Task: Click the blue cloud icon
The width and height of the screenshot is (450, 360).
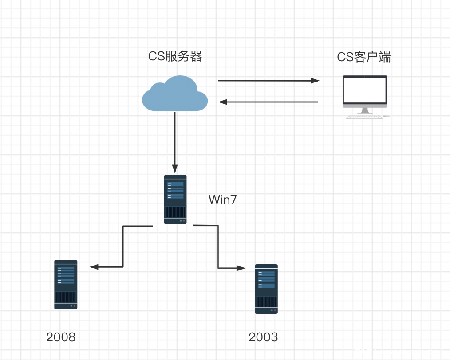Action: (x=175, y=94)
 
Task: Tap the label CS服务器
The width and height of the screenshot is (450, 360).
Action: (x=175, y=57)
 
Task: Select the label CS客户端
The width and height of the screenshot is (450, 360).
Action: (x=364, y=57)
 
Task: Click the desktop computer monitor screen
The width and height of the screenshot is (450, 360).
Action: (x=365, y=90)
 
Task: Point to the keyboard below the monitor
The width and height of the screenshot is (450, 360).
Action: (x=364, y=117)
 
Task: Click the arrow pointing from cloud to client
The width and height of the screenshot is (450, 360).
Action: (x=268, y=81)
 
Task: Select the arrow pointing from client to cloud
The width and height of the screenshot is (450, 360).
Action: (x=268, y=102)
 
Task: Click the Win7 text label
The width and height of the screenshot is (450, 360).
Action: (x=223, y=200)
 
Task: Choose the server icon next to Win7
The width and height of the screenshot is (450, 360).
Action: (x=175, y=199)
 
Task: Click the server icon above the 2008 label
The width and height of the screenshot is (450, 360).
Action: (x=66, y=284)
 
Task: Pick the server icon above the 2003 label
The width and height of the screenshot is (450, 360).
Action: (x=266, y=289)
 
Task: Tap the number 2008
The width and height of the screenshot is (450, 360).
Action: (x=61, y=337)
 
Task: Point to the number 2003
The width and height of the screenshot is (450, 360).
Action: (x=263, y=337)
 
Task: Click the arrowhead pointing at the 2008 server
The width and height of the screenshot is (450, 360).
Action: (x=94, y=267)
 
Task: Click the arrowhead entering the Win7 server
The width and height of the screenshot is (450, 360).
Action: (x=175, y=169)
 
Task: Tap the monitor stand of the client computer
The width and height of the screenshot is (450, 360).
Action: (x=365, y=110)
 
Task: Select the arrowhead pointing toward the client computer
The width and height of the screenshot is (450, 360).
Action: (x=315, y=81)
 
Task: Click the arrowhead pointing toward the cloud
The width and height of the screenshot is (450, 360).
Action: (x=223, y=102)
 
